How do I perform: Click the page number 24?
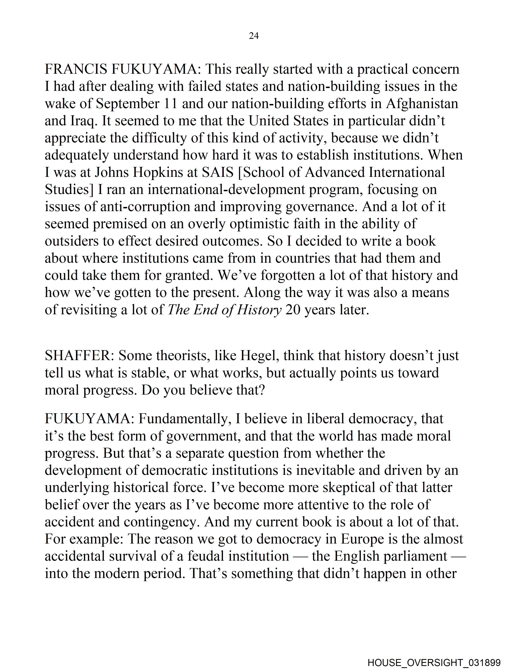click(254, 36)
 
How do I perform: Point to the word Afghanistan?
click(422, 104)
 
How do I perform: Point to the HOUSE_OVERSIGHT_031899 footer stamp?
click(434, 663)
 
